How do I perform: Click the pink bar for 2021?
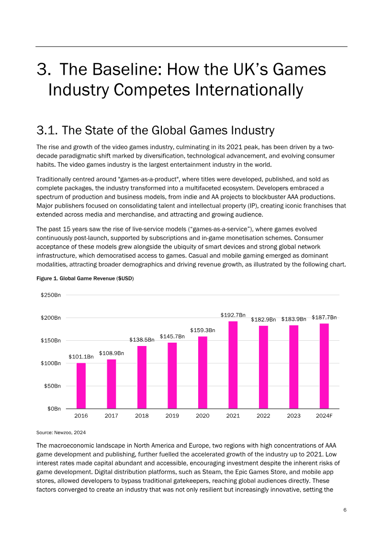233,365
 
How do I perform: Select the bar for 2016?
81,386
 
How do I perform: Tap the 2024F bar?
324,366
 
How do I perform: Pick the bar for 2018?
142,378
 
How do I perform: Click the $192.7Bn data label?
233,315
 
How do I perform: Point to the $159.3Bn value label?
203,330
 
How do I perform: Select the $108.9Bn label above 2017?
112,353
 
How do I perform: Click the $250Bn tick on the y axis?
51,295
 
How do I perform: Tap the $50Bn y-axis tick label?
52,386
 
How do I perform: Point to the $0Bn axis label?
54,409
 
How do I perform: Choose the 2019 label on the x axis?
172,415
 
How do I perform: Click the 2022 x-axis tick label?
263,415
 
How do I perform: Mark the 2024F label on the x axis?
324,415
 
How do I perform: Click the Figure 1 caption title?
85,278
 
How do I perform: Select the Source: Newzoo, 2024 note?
61,432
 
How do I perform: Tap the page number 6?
345,510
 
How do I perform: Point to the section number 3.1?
47,130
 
